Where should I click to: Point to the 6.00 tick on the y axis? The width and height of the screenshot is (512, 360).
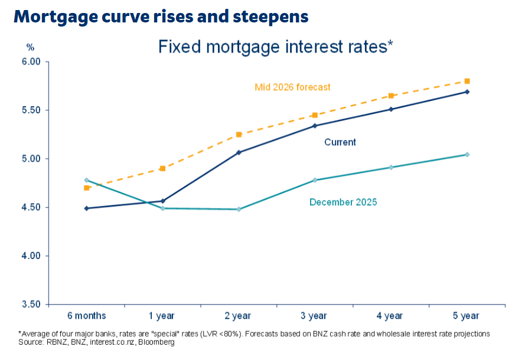coord(30,61)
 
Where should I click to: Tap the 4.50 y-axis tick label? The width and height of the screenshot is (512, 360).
coord(30,207)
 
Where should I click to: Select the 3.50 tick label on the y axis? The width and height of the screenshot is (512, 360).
coord(30,305)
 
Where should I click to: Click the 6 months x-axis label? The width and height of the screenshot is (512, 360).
coord(87,316)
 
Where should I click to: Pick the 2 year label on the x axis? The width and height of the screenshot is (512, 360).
coord(239,316)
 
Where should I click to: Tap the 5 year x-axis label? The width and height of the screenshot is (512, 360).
coord(467,316)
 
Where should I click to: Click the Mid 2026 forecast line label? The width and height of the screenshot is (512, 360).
coord(292,87)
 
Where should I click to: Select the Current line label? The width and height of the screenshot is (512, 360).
coord(340,142)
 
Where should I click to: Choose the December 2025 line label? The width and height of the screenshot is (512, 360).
coord(343,202)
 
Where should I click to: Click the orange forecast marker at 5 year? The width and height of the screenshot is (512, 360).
coord(467,81)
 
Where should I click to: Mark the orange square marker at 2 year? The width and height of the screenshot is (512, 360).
coord(239,135)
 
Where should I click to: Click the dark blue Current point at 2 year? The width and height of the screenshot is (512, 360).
coord(239,152)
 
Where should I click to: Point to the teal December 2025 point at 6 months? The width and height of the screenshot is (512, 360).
coord(87,180)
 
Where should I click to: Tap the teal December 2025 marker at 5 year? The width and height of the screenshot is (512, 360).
coord(467,155)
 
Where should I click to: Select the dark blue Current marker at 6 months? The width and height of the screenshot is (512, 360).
coord(87,208)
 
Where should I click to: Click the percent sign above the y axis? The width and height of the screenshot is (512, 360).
coord(31,47)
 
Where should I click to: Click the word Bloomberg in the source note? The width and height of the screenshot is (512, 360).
coord(156,342)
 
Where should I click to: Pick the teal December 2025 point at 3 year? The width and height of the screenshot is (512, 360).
coord(315,180)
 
